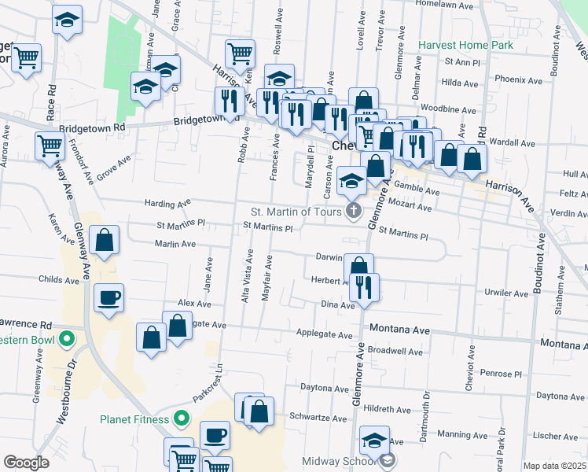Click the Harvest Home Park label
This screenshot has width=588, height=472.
(465, 45)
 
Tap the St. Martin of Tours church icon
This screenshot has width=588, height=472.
(354, 211)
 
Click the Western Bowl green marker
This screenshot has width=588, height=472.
(67, 341)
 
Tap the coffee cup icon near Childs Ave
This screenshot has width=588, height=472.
(108, 299)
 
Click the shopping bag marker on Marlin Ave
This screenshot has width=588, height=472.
(104, 241)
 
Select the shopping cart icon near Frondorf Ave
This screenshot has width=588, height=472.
(50, 146)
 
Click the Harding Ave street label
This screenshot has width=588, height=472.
(168, 203)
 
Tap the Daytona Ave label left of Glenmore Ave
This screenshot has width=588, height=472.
(325, 387)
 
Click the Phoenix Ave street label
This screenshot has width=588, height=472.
(519, 80)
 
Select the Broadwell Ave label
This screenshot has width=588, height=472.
(395, 351)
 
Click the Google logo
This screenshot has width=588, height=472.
(27, 463)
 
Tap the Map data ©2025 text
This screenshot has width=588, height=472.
(553, 466)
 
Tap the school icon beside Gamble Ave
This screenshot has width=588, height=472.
(351, 181)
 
